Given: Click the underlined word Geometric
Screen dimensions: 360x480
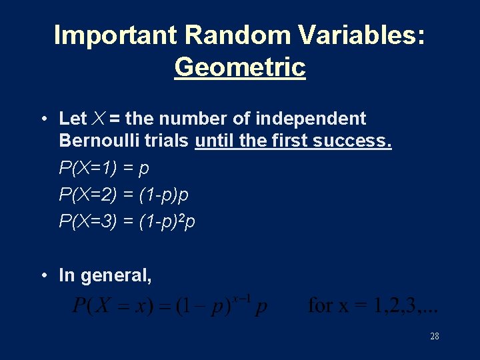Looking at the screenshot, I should (x=240, y=67).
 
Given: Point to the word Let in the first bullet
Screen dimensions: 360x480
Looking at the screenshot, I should (x=73, y=119).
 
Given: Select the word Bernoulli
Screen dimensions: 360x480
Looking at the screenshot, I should (x=99, y=141).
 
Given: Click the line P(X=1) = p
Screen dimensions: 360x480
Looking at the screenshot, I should (x=104, y=168).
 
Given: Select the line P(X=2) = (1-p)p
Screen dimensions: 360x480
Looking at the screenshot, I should (x=124, y=195).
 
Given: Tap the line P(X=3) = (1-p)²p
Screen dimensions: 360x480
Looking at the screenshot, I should (x=127, y=221).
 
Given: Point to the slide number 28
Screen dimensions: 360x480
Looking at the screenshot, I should (x=435, y=336).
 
